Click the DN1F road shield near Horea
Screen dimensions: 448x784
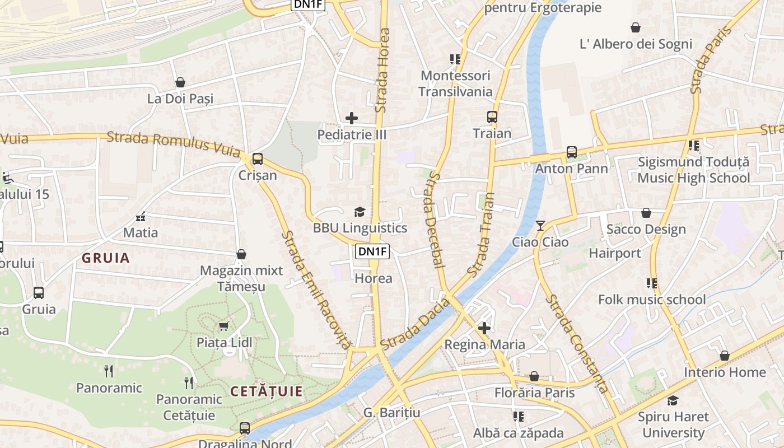point(373,251)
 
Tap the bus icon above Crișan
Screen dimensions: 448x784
point(258,159)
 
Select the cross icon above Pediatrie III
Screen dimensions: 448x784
point(352,118)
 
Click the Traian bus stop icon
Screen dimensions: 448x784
point(492,117)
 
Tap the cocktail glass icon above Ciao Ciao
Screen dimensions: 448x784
point(540,226)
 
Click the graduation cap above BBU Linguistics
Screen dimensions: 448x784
point(360,212)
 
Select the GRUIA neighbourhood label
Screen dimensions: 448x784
point(106,258)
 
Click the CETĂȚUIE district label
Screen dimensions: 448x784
point(266,391)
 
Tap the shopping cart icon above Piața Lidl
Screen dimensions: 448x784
point(223,326)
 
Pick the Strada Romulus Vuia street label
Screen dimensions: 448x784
point(173,143)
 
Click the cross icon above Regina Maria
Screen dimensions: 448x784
point(484,328)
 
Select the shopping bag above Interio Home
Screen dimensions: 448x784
point(724,356)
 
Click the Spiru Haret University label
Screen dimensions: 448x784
point(673,424)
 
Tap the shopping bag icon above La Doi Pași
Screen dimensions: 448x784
point(180,83)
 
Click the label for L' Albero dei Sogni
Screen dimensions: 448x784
point(636,44)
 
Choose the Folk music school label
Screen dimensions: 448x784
point(652,300)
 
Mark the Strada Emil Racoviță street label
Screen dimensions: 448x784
point(316,290)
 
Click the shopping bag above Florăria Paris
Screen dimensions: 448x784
point(534,376)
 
